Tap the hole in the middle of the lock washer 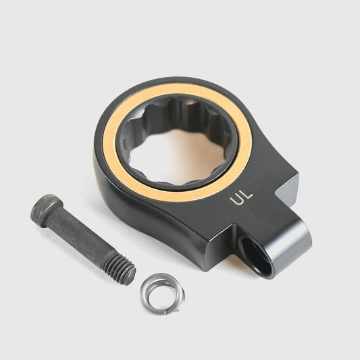pyautogui.click(x=162, y=295)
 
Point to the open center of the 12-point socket pyautogui.click(x=176, y=157)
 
